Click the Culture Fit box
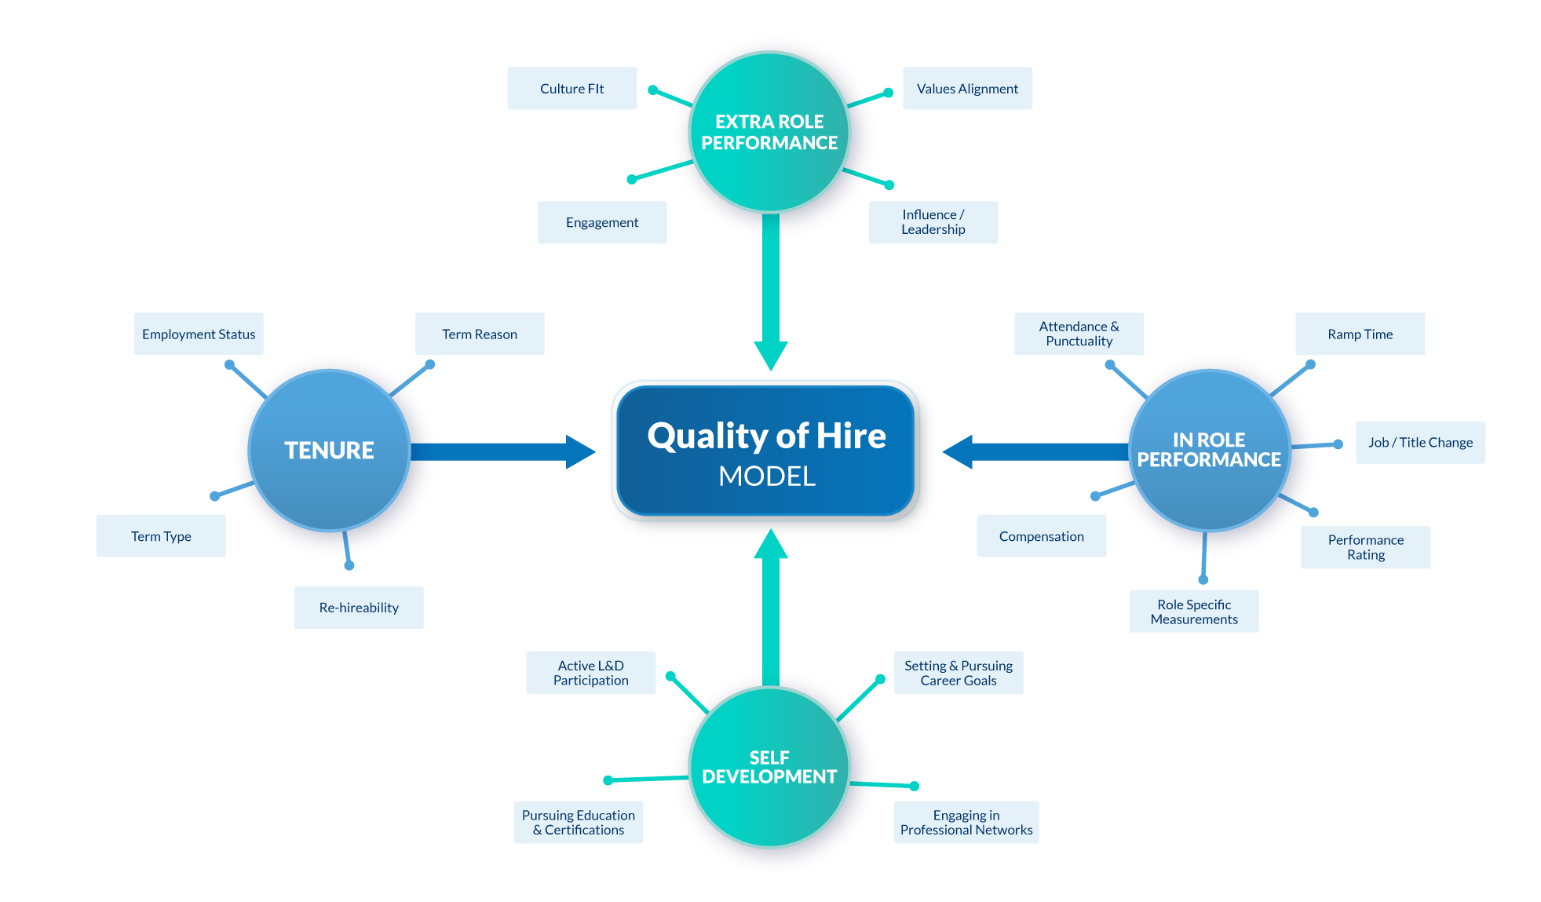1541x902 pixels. (571, 89)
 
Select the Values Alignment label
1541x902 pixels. (967, 89)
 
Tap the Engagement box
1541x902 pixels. (602, 223)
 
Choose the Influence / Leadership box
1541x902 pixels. (933, 222)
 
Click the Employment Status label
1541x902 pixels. (199, 334)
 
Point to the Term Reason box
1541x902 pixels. (479, 334)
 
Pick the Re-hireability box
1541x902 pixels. (359, 608)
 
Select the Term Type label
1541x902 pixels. (161, 536)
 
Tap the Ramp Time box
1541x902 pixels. (1360, 334)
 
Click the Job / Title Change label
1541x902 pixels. (1420, 443)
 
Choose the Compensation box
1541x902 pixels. (1041, 536)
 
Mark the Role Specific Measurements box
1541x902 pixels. (1194, 612)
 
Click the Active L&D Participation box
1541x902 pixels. (590, 673)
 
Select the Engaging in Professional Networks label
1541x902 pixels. (966, 823)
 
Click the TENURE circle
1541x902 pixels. (329, 451)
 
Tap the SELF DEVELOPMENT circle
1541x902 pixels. (769, 767)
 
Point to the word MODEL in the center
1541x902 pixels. (767, 476)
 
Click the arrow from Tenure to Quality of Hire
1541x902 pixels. (502, 451)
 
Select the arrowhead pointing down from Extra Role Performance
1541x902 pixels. (771, 355)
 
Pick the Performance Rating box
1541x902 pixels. (1365, 547)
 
